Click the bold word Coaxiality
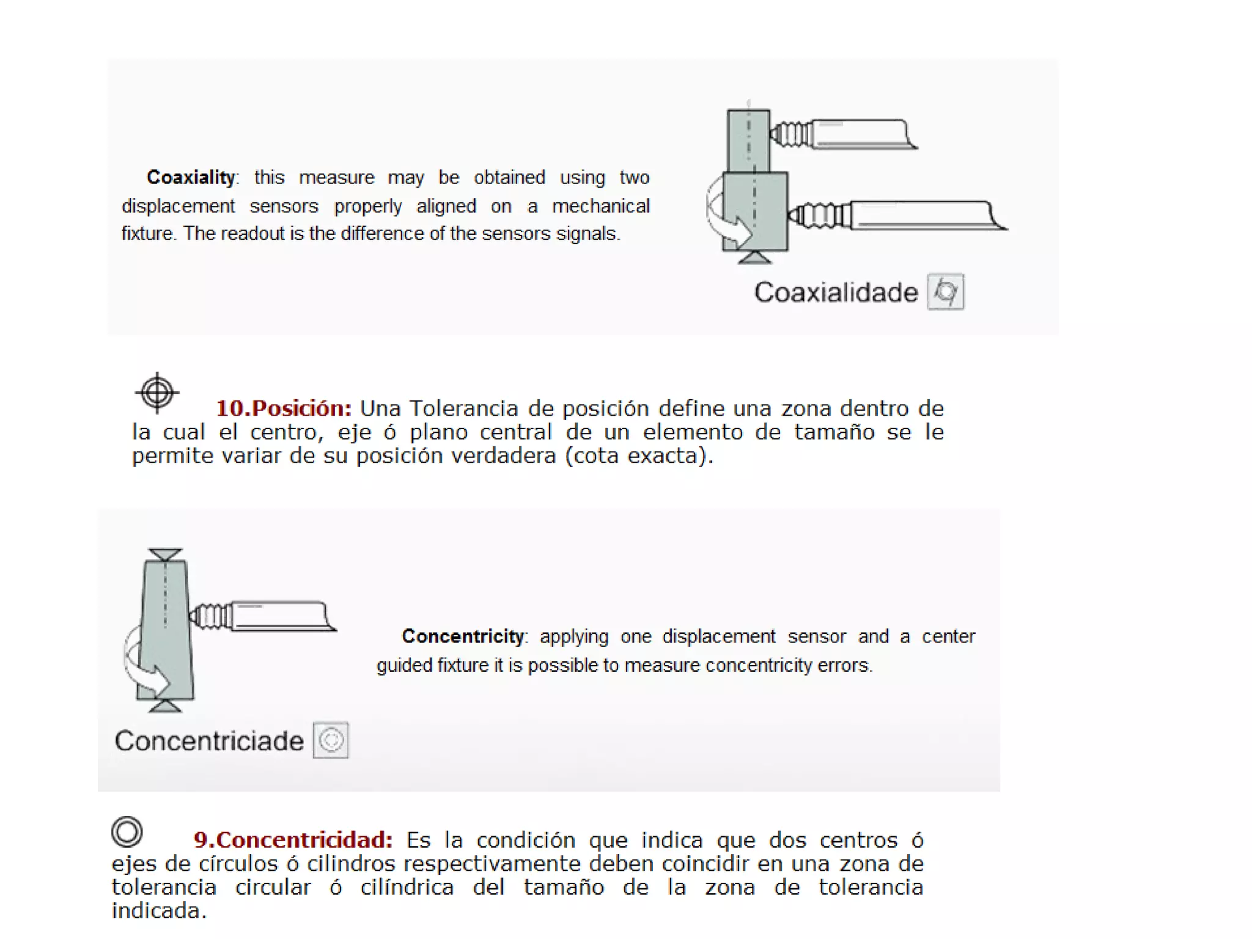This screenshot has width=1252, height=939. [x=191, y=177]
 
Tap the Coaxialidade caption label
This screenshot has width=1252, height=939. [x=836, y=292]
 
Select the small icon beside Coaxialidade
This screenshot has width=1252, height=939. [x=945, y=292]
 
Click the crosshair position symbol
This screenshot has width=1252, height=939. [x=157, y=392]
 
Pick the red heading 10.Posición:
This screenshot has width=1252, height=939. [x=284, y=408]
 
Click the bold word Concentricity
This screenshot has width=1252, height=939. [x=463, y=636]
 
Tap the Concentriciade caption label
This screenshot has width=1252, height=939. [x=209, y=741]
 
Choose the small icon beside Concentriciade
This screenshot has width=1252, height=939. [x=331, y=740]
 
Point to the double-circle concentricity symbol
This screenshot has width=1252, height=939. [x=127, y=831]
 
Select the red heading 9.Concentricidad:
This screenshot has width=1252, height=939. [x=293, y=840]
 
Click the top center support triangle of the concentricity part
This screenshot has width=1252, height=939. [x=165, y=554]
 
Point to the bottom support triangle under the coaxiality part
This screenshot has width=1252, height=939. [x=755, y=257]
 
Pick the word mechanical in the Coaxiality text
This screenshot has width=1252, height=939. [x=600, y=206]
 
